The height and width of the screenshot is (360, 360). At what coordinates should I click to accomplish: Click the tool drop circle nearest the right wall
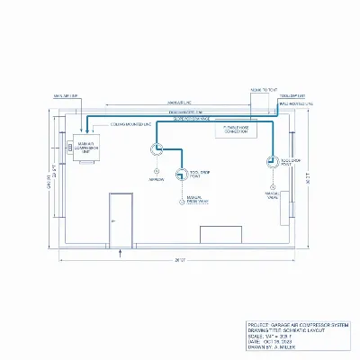pyautogui.click(x=269, y=161)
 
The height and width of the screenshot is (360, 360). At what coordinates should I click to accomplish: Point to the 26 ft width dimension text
pyautogui.click(x=180, y=260)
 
